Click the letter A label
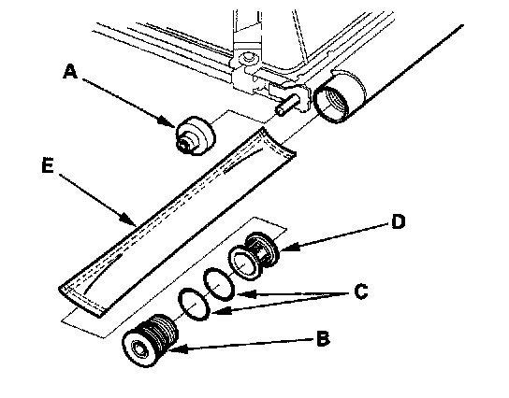click(x=70, y=71)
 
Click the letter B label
click(x=323, y=339)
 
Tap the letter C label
click(x=361, y=291)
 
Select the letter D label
click(x=399, y=221)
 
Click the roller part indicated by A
click(x=196, y=135)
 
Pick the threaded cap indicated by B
click(x=150, y=340)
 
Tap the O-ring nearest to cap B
click(x=194, y=304)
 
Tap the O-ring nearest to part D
click(x=218, y=284)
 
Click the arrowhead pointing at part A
click(x=168, y=122)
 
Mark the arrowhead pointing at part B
click(x=177, y=349)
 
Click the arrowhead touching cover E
click(x=129, y=219)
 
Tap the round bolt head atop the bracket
click(x=248, y=58)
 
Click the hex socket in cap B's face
click(x=140, y=349)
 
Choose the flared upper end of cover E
click(x=279, y=143)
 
